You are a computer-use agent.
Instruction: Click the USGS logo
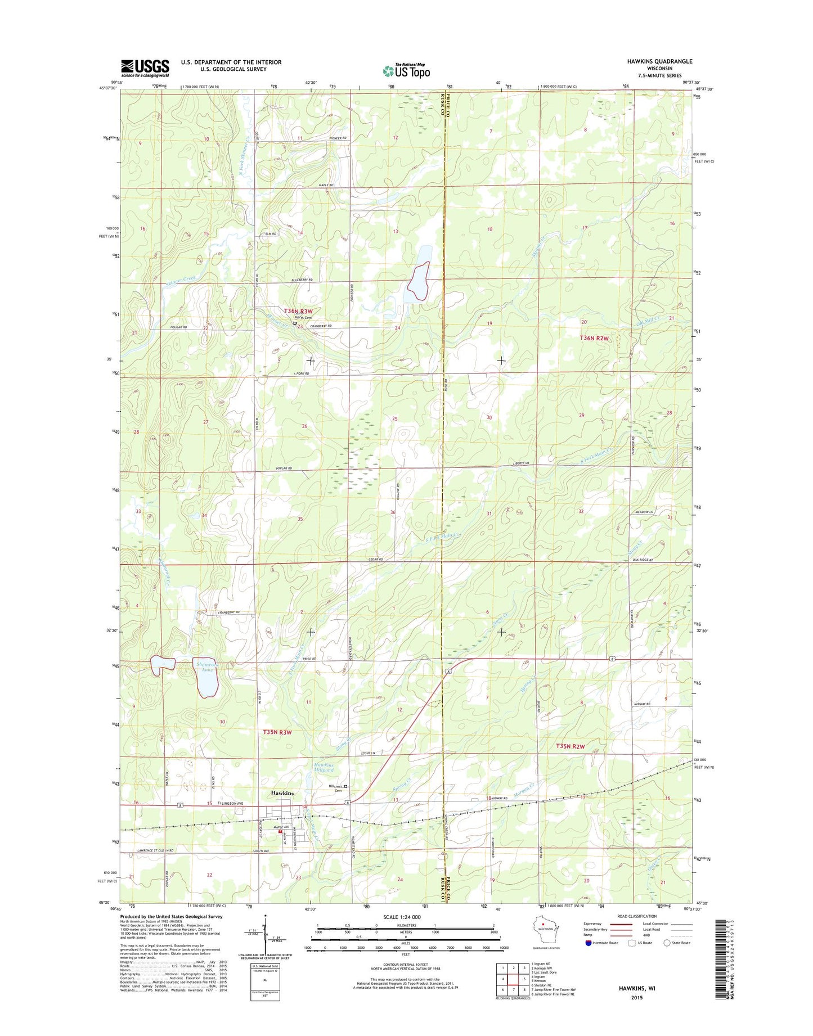pos(145,68)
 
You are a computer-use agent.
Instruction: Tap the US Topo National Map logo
pos(406,70)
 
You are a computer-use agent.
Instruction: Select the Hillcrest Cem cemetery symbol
pos(346,786)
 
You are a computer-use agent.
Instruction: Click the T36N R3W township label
pos(298,311)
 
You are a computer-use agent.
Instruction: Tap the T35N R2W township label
pos(571,746)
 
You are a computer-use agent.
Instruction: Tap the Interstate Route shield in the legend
pos(588,958)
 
